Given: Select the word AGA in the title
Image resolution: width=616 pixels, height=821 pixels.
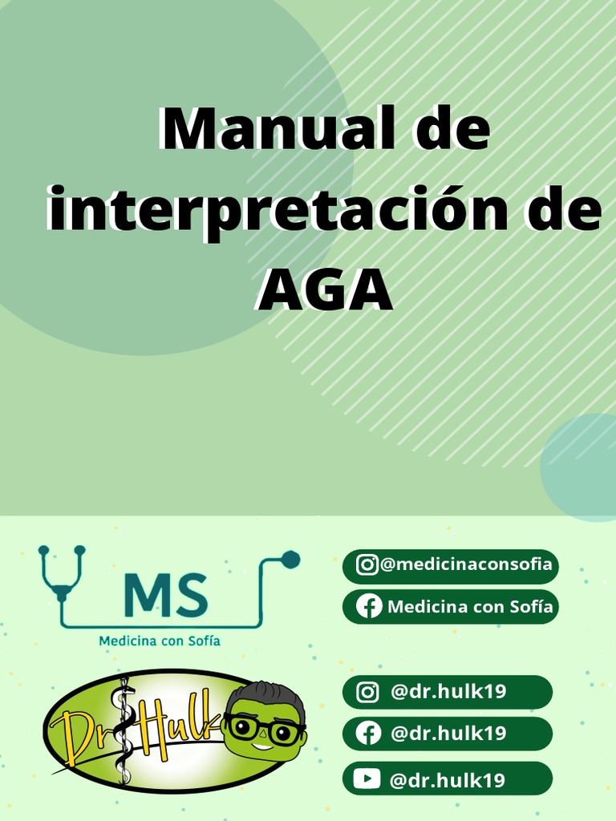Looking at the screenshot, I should [x=325, y=290].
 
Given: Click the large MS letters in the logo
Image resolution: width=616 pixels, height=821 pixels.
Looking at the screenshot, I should [x=166, y=597].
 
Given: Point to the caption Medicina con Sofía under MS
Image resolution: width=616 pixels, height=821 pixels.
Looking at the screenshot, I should [x=159, y=641].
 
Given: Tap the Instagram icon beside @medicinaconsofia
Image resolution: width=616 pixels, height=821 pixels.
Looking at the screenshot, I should [x=367, y=564].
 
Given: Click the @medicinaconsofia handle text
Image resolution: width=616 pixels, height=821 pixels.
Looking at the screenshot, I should [x=466, y=564].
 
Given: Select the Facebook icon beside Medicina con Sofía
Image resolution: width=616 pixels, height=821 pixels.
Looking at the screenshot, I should [x=368, y=607].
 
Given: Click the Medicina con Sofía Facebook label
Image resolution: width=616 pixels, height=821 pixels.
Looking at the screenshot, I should [x=470, y=607].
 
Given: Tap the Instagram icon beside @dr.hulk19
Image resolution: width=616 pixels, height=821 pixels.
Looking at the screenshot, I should [x=367, y=692].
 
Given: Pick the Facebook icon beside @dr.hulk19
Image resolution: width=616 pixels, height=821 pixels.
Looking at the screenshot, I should [x=368, y=734].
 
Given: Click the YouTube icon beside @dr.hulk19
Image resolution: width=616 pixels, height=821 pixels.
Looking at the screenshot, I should [x=367, y=778].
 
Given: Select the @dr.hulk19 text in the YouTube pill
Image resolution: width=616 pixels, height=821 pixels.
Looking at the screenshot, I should [x=448, y=779].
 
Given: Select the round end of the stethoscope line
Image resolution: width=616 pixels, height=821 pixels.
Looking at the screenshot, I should [x=292, y=560].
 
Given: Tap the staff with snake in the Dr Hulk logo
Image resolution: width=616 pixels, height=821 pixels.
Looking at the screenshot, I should [x=124, y=730].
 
